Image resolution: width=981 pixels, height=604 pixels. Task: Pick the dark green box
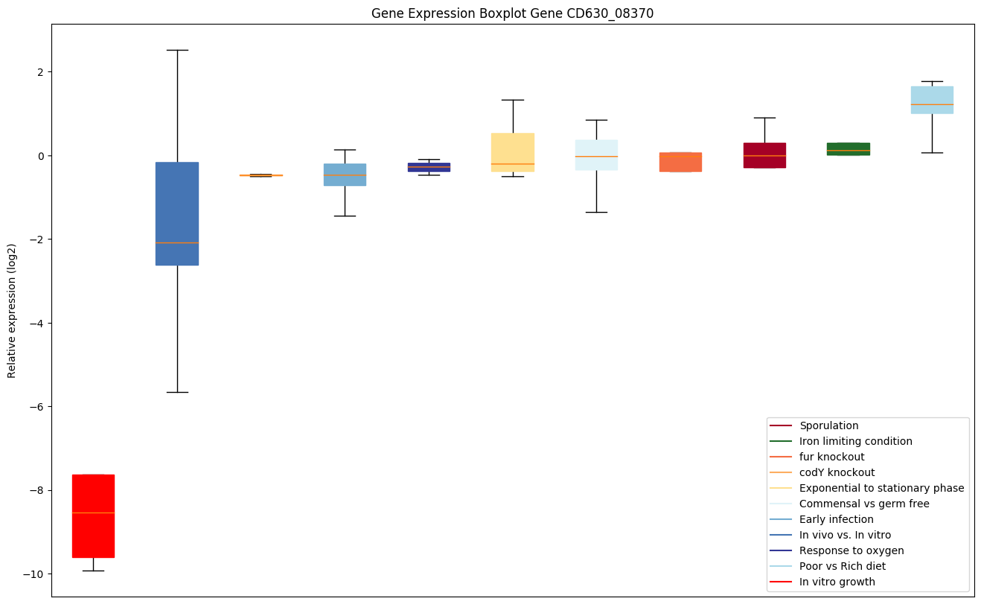point(848,149)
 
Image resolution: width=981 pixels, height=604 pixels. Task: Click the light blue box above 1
point(932,100)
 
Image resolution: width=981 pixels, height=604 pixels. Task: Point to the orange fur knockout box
point(680,162)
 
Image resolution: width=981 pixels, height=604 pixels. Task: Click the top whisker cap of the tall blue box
point(177,50)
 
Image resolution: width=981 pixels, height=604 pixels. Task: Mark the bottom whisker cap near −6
point(177,392)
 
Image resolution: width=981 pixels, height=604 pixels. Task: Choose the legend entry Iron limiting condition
point(856,441)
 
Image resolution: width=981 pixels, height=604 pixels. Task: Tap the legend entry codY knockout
point(837,472)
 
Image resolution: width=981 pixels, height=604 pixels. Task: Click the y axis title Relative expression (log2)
point(12,310)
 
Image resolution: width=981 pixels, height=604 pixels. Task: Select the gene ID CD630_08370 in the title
point(608,13)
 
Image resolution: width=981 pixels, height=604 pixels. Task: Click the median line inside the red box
point(93,513)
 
